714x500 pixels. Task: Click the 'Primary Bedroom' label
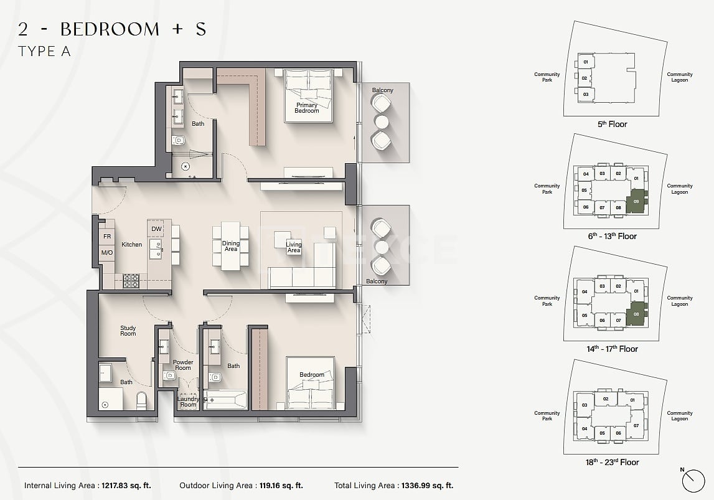click(306, 108)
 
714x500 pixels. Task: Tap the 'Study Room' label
click(128, 331)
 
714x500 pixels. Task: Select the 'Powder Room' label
click(182, 364)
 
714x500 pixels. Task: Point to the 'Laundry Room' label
click(188, 402)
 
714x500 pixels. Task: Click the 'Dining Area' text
click(231, 246)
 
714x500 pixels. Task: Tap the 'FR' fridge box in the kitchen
click(107, 237)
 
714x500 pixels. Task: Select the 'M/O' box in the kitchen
click(107, 253)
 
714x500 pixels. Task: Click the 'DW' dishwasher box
click(156, 229)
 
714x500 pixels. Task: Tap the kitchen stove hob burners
click(131, 281)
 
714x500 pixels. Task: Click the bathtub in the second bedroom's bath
click(226, 399)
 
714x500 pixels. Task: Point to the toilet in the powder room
click(169, 376)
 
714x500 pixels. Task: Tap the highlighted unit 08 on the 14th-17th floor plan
click(636, 314)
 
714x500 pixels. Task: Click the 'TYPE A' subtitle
click(44, 52)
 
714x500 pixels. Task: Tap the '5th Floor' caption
click(612, 125)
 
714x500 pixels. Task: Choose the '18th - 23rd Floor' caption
click(612, 462)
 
